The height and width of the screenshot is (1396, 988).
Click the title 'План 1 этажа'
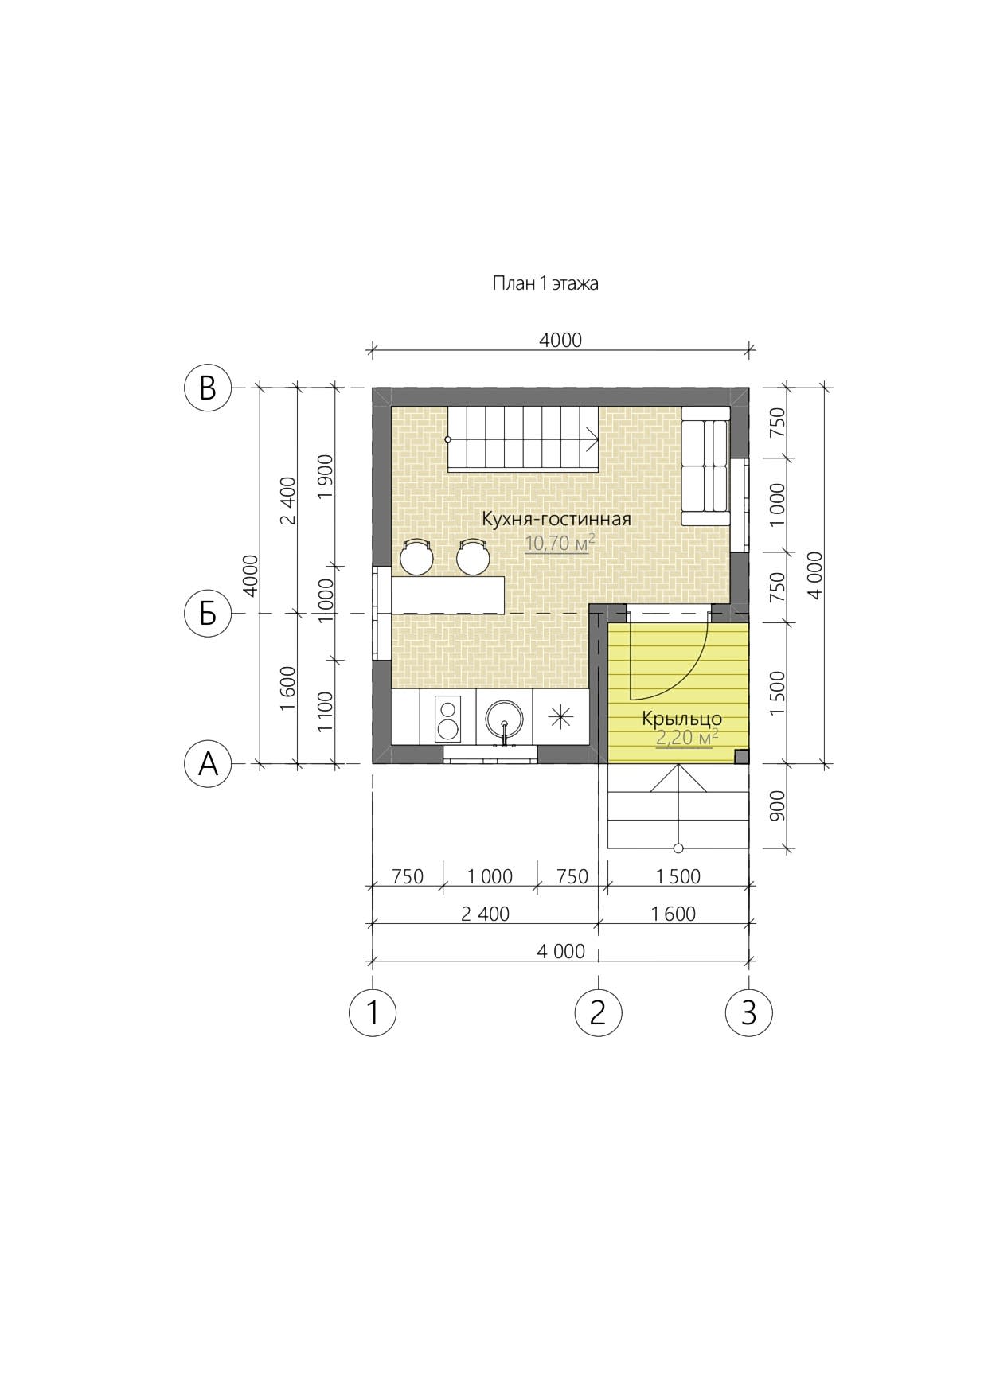(x=545, y=283)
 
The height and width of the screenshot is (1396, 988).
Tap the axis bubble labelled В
(x=208, y=388)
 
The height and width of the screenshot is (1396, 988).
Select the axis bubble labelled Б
(x=208, y=614)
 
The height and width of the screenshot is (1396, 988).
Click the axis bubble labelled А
(x=208, y=764)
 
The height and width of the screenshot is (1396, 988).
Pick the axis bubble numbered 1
(x=373, y=1012)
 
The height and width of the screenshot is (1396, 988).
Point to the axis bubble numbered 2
(x=598, y=1012)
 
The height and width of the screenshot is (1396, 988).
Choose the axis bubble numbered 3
(x=748, y=1012)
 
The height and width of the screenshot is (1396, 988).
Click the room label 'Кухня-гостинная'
(x=556, y=520)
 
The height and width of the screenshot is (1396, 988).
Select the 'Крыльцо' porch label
(x=682, y=719)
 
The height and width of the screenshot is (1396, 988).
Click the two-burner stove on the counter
(x=447, y=718)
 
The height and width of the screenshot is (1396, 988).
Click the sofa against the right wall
(x=705, y=466)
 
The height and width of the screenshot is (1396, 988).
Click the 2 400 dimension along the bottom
(x=485, y=914)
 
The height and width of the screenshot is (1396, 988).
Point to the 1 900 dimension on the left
(x=325, y=477)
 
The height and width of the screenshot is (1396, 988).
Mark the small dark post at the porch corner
(x=741, y=757)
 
